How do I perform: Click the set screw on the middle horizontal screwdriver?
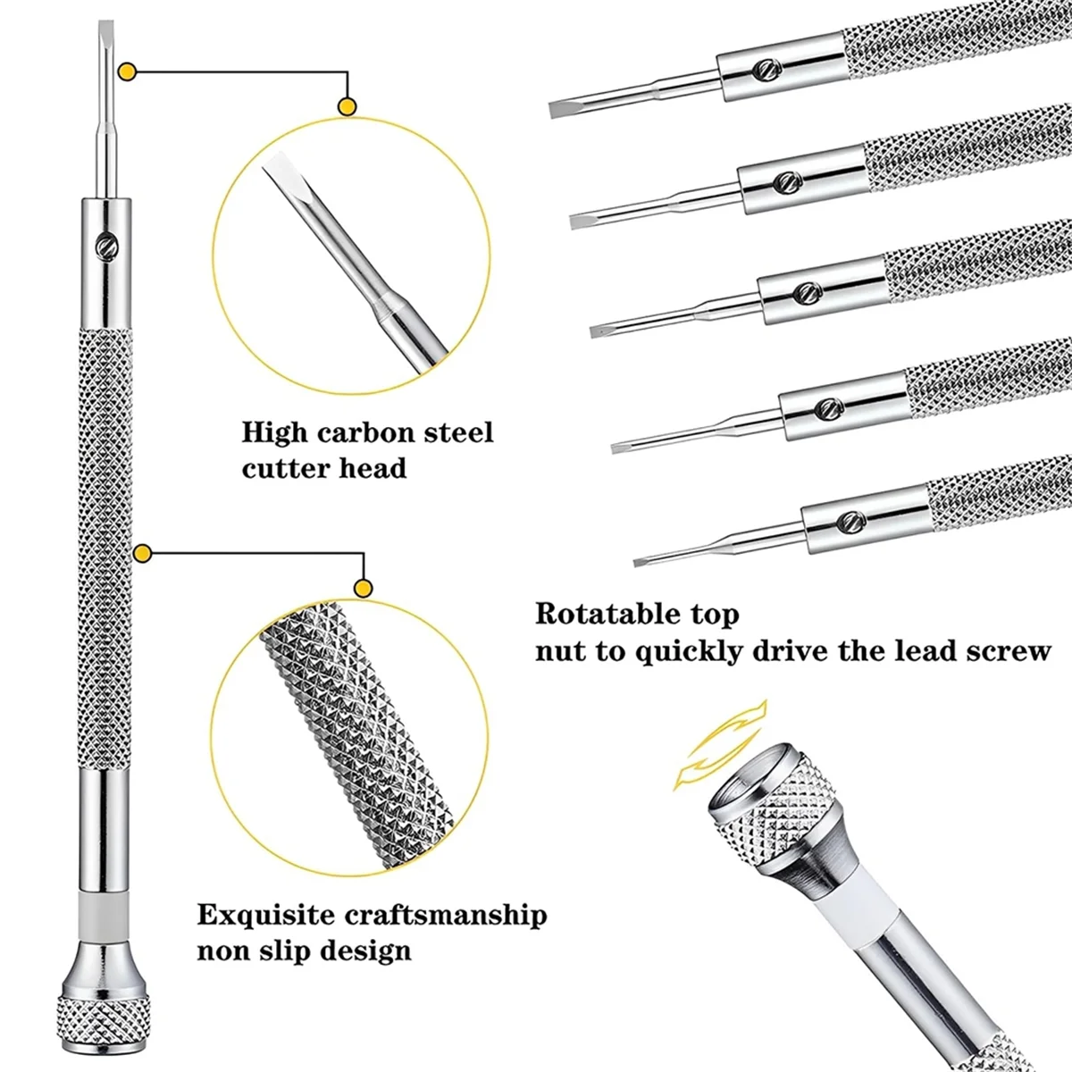(804, 290)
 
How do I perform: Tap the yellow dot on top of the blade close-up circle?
(347, 107)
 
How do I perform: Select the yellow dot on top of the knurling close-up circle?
(363, 587)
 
